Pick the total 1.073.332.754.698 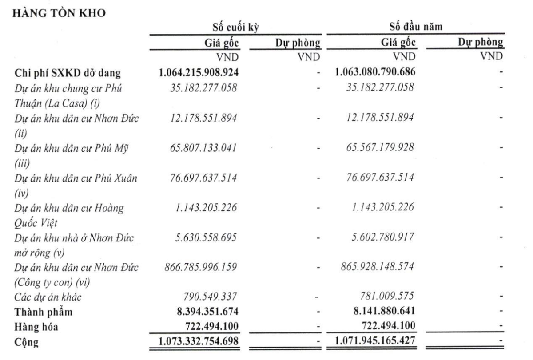[198, 342]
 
